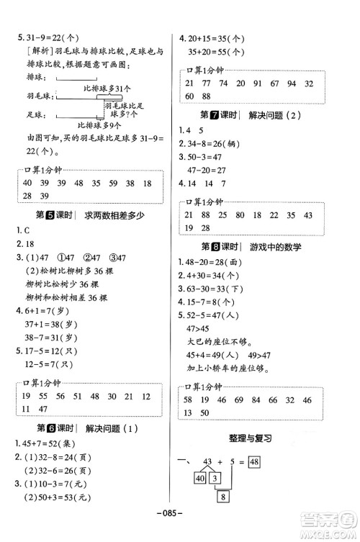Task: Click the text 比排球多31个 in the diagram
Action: click(107, 88)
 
